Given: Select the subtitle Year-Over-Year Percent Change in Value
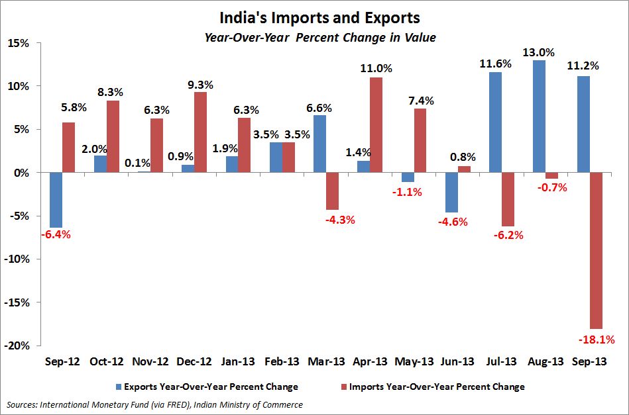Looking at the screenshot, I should (x=319, y=38).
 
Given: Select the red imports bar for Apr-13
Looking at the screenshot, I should (x=376, y=125).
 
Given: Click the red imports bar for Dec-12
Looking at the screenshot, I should (x=200, y=132).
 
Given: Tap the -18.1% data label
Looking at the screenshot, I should (x=597, y=340).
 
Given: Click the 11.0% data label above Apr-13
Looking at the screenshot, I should (x=376, y=68).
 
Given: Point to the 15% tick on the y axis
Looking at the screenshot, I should (x=18, y=43).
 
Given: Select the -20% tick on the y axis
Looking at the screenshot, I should (x=17, y=346).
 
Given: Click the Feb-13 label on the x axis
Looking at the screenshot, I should (x=282, y=362).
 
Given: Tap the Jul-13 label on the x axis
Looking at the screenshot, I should (x=502, y=362).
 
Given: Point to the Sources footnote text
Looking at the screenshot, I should (x=154, y=404).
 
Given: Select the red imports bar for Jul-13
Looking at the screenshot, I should (x=508, y=199).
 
